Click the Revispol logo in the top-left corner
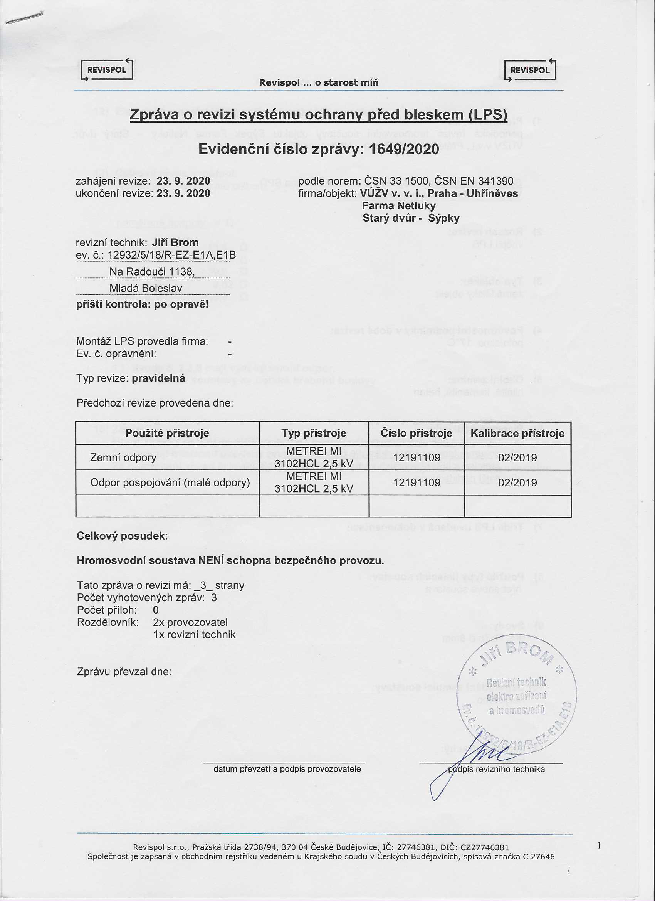pyautogui.click(x=107, y=70)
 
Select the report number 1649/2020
pyautogui.click(x=404, y=150)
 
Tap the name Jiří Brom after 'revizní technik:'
pyautogui.click(x=175, y=242)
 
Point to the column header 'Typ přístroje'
pyautogui.click(x=314, y=433)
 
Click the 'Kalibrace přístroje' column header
pyautogui.click(x=517, y=433)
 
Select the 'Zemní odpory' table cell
pyautogui.click(x=123, y=458)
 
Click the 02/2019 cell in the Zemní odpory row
pyautogui.click(x=517, y=458)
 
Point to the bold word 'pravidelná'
pyautogui.click(x=158, y=378)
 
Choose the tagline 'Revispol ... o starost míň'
pyautogui.click(x=319, y=82)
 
